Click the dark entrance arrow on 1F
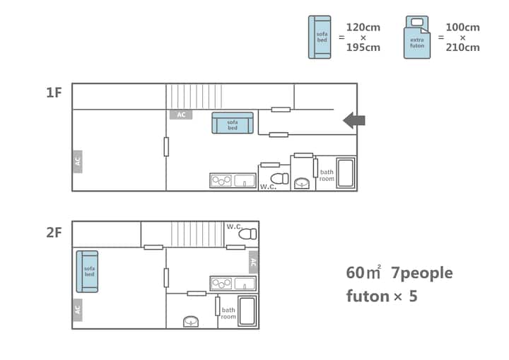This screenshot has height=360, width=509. (x=354, y=120)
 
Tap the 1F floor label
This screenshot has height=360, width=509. (x=54, y=93)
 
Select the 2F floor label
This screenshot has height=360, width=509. (x=54, y=233)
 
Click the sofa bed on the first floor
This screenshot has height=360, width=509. (x=233, y=123)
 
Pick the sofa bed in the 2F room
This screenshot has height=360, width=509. (x=87, y=272)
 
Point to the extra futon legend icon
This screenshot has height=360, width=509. (x=417, y=37)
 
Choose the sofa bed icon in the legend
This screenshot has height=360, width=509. (x=320, y=37)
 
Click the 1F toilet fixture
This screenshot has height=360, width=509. (x=279, y=179)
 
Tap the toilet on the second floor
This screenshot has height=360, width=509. (x=247, y=234)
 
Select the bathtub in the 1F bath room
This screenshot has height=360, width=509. (x=346, y=173)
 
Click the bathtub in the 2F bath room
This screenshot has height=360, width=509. (x=247, y=311)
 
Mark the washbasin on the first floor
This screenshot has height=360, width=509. (x=302, y=184)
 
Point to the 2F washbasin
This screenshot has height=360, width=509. (x=191, y=321)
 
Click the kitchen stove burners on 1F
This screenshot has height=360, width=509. (x=221, y=180)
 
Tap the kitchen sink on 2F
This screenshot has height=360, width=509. (x=245, y=284)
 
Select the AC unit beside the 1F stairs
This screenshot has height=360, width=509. (x=181, y=115)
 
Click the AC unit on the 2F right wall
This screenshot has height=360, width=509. (x=254, y=262)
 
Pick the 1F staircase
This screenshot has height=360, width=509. (x=194, y=96)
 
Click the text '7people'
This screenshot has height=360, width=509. (x=421, y=274)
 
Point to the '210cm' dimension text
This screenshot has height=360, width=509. (x=462, y=47)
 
